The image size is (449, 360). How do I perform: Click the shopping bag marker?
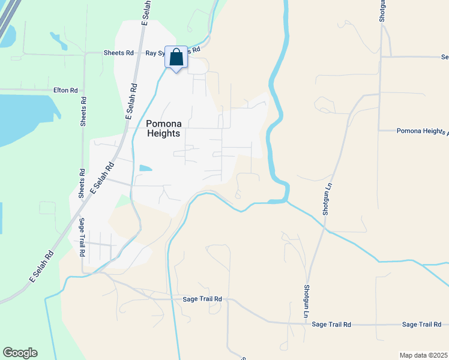(x=176, y=58)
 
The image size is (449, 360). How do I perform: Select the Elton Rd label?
(x=65, y=90)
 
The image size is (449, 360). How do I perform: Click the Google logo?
(x=20, y=353)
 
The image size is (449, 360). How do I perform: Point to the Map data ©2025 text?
(x=424, y=355)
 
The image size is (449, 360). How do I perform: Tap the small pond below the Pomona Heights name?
(x=145, y=169)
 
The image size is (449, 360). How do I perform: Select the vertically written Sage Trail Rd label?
(x=82, y=238)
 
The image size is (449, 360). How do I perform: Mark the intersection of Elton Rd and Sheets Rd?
(x=83, y=90)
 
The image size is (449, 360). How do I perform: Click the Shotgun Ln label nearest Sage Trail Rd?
(x=306, y=300)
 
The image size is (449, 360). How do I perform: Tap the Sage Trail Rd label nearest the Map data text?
(x=422, y=325)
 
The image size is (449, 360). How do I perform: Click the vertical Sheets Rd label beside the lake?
(x=83, y=112)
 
